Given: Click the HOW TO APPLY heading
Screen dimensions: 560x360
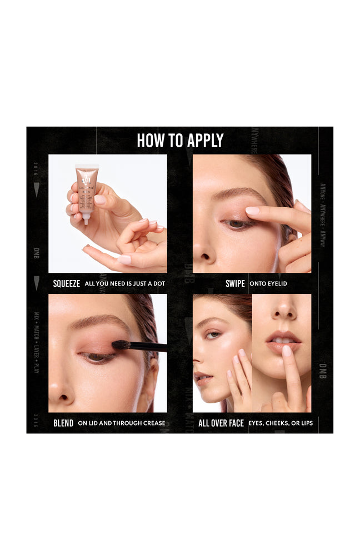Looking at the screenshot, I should point(180,141).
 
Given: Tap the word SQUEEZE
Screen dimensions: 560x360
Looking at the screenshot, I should point(67,283).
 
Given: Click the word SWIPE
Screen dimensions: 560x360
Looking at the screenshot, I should point(235,283).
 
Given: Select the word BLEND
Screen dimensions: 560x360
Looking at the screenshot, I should point(63,423).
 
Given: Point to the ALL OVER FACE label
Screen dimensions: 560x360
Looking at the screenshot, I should point(221,423).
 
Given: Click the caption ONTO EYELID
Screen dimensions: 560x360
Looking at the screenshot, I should point(268,284).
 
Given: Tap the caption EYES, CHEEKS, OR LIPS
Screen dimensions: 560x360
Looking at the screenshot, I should point(281,423).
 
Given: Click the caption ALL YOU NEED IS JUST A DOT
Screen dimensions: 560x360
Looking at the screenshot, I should point(125,284).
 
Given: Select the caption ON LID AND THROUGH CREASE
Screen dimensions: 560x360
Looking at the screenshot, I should point(122,423).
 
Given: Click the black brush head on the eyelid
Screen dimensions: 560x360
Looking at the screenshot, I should point(121,345).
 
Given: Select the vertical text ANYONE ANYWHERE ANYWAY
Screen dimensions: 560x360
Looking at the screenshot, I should point(323,214).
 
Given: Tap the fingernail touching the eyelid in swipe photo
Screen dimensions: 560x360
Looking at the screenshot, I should point(253,211).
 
